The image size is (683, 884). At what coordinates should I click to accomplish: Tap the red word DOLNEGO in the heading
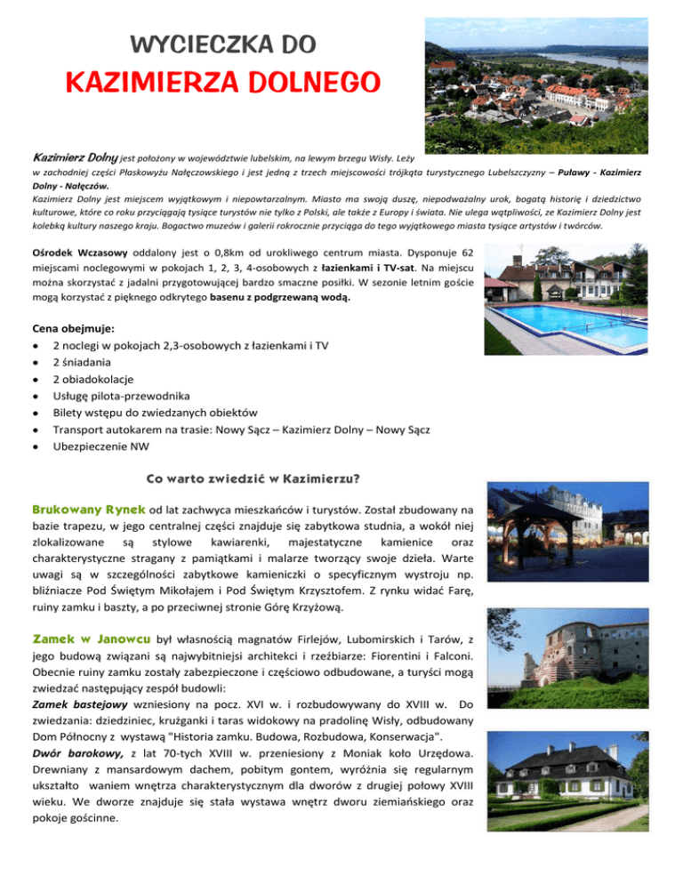(293, 82)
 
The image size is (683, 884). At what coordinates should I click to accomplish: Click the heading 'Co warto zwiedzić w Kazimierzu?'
(245, 479)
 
